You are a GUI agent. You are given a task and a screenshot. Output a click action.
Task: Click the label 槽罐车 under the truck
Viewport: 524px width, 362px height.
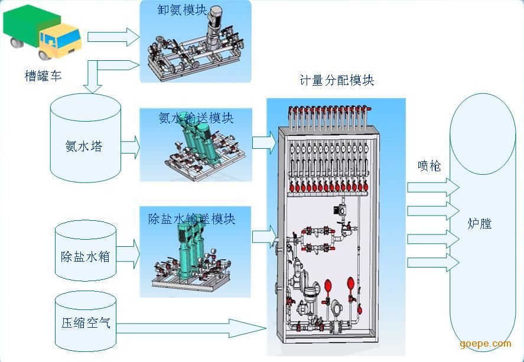coord(43,76)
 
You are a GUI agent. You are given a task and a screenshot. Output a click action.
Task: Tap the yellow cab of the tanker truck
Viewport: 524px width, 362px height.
coord(61,41)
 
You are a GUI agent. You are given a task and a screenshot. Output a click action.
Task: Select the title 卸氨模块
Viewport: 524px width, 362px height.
coord(182,9)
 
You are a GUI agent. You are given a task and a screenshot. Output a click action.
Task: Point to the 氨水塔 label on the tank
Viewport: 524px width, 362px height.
coord(83,146)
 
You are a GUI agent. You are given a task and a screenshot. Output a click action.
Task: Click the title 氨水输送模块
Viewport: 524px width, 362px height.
coord(196,118)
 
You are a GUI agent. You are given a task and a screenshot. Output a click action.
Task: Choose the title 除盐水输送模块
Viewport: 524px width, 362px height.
coord(192,219)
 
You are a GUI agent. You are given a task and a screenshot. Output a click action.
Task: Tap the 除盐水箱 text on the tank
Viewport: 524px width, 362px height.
coord(86,256)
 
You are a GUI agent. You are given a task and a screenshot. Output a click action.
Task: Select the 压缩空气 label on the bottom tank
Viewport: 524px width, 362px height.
coord(86,322)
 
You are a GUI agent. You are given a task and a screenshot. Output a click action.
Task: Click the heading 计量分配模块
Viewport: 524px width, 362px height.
coord(337,80)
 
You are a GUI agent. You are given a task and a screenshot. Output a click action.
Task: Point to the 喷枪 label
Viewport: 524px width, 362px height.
coord(429,165)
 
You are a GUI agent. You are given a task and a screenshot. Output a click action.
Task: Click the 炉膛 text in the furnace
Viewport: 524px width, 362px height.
coord(480,223)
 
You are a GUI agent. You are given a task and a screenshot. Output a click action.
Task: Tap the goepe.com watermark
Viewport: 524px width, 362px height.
coord(485,344)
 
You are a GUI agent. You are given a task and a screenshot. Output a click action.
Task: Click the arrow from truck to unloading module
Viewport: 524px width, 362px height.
coord(113,37)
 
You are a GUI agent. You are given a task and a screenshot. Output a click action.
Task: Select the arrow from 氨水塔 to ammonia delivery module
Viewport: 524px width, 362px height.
coord(131,147)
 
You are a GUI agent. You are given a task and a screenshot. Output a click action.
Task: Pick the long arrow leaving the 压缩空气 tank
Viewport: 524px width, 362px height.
coord(191,328)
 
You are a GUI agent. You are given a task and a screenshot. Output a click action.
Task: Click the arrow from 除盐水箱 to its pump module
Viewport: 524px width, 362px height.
coord(128,254)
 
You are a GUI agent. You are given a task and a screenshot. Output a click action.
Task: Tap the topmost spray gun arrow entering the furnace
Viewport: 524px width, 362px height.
coord(434,187)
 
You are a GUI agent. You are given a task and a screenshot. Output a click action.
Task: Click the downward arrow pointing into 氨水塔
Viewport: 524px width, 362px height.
coord(93,77)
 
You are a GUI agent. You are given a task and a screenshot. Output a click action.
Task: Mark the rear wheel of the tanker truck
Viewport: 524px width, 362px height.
coord(17,43)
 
